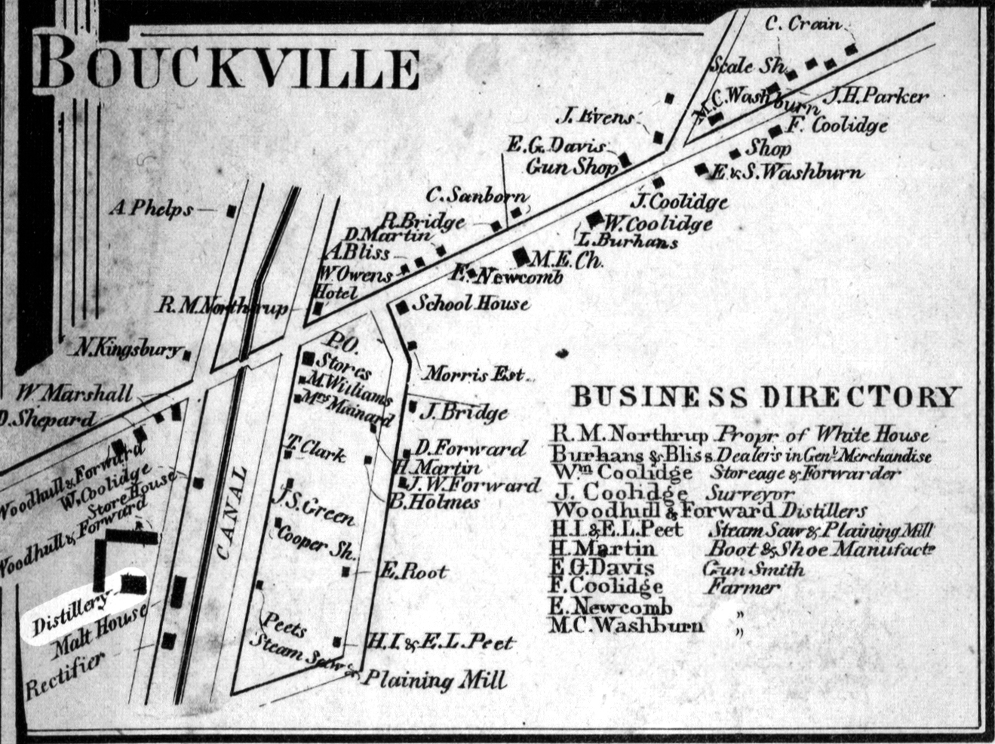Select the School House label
pyautogui.click(x=474, y=304)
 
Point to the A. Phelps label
pyautogui.click(x=150, y=209)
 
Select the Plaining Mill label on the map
pyautogui.click(x=435, y=681)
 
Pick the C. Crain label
pyautogui.click(x=803, y=25)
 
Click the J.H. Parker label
pyautogui.click(x=876, y=97)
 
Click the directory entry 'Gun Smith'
pyautogui.click(x=755, y=569)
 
